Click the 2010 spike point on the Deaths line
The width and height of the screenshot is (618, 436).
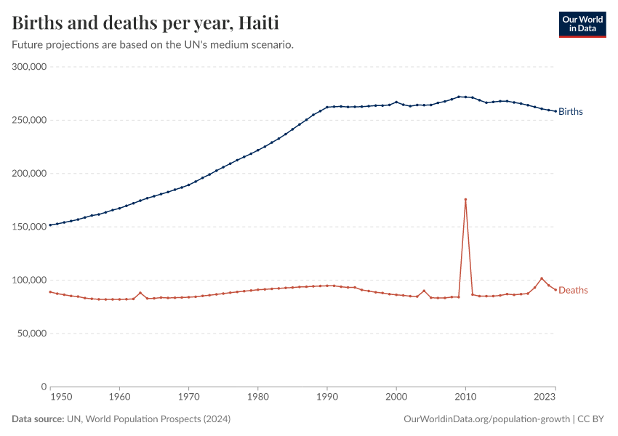pos(465,199)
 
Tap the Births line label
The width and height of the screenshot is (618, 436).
pos(571,112)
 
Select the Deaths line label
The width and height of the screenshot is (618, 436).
pos(573,291)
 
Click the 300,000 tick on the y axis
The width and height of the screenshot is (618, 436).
pos(30,67)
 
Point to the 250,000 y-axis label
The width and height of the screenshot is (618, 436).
pos(30,120)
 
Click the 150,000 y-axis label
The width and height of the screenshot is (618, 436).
pos(30,227)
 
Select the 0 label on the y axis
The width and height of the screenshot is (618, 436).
pos(44,387)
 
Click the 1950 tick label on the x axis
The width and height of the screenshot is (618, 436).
pos(61,397)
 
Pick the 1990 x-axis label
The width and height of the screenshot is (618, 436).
pos(327,397)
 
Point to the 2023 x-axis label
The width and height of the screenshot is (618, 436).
pos(545,397)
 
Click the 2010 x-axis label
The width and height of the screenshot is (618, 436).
pos(465,397)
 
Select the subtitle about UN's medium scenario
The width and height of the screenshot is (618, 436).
pos(153,45)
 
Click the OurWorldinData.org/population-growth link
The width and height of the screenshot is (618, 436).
pos(485,419)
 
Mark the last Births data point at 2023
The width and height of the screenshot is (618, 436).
pos(555,111)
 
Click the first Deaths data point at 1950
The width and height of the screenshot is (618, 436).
pos(50,292)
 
